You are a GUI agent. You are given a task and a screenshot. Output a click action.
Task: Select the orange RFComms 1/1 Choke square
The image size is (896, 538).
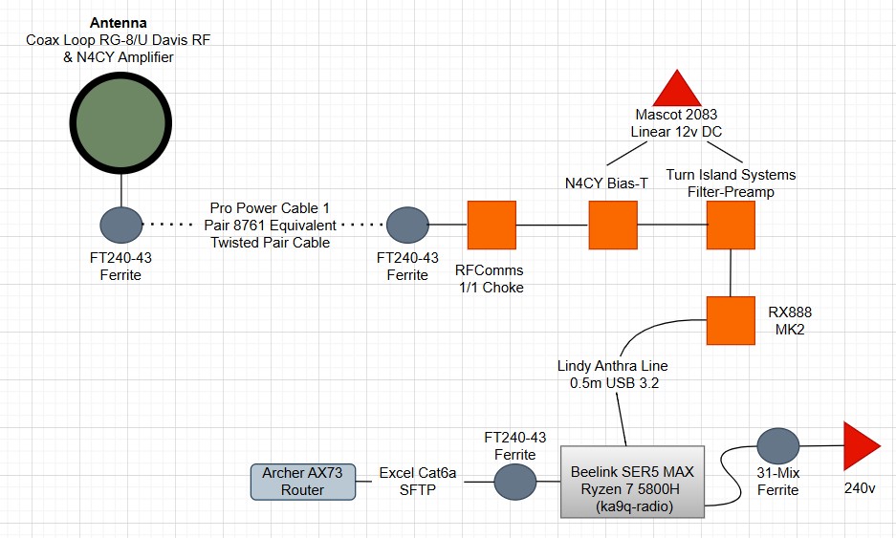[x=492, y=226]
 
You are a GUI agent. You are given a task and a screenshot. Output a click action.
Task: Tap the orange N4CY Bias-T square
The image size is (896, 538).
[x=612, y=226]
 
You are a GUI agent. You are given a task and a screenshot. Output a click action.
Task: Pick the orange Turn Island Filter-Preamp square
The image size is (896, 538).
[x=731, y=226]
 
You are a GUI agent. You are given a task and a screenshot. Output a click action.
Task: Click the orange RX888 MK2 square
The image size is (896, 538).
[x=731, y=320]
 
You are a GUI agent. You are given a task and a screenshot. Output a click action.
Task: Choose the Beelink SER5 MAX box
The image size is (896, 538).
[x=632, y=482]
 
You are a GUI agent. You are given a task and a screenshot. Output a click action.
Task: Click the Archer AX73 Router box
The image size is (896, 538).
[x=302, y=482]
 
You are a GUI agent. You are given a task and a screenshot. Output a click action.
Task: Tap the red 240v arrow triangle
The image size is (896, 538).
[x=861, y=445]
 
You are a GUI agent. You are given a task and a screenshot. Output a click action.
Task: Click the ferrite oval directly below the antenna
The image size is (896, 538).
[x=121, y=226]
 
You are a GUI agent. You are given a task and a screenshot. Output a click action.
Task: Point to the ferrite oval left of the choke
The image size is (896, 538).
[x=407, y=226]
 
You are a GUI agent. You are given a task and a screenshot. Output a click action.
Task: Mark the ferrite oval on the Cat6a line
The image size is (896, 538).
[x=516, y=482]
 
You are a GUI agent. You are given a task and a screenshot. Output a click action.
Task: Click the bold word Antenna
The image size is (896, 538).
[x=119, y=22]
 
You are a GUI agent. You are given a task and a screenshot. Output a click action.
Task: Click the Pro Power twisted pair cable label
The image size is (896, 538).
[x=273, y=226]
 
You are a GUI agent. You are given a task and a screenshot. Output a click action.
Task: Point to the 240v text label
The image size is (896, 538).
[x=859, y=488]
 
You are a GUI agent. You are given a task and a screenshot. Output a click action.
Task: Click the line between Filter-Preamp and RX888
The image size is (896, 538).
[x=731, y=273]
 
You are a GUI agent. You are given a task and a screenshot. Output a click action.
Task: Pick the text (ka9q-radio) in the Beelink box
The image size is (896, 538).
[x=632, y=506]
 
